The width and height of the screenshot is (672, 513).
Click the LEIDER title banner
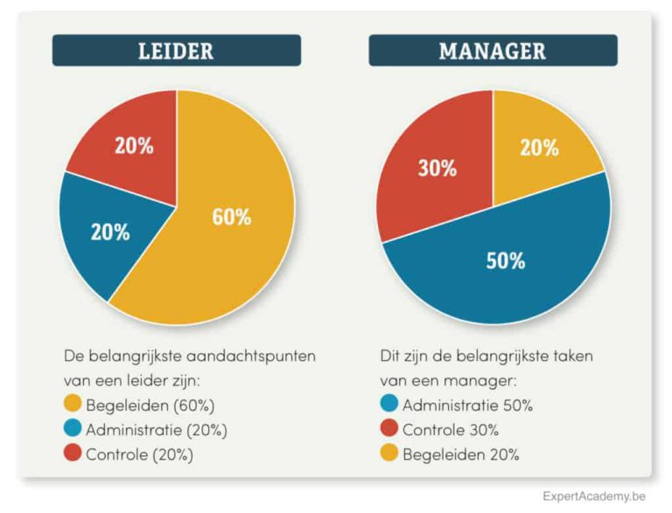click(x=176, y=51)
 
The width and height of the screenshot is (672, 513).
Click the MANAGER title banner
click(x=493, y=51)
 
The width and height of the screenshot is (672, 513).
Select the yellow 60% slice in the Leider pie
click(x=236, y=236)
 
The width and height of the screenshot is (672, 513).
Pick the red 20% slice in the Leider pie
click(x=127, y=140)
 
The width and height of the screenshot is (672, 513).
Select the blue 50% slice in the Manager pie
click(x=507, y=271)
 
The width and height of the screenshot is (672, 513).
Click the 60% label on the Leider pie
click(x=231, y=217)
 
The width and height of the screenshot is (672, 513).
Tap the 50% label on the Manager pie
click(x=505, y=260)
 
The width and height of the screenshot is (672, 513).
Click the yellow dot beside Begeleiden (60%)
click(x=73, y=405)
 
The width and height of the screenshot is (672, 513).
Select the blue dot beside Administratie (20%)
click(x=73, y=429)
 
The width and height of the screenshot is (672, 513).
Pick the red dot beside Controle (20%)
click(x=73, y=454)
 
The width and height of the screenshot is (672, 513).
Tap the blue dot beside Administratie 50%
click(x=389, y=405)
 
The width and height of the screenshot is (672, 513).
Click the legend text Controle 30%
click(x=450, y=430)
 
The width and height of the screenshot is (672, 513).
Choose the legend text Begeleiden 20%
click(x=460, y=454)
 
